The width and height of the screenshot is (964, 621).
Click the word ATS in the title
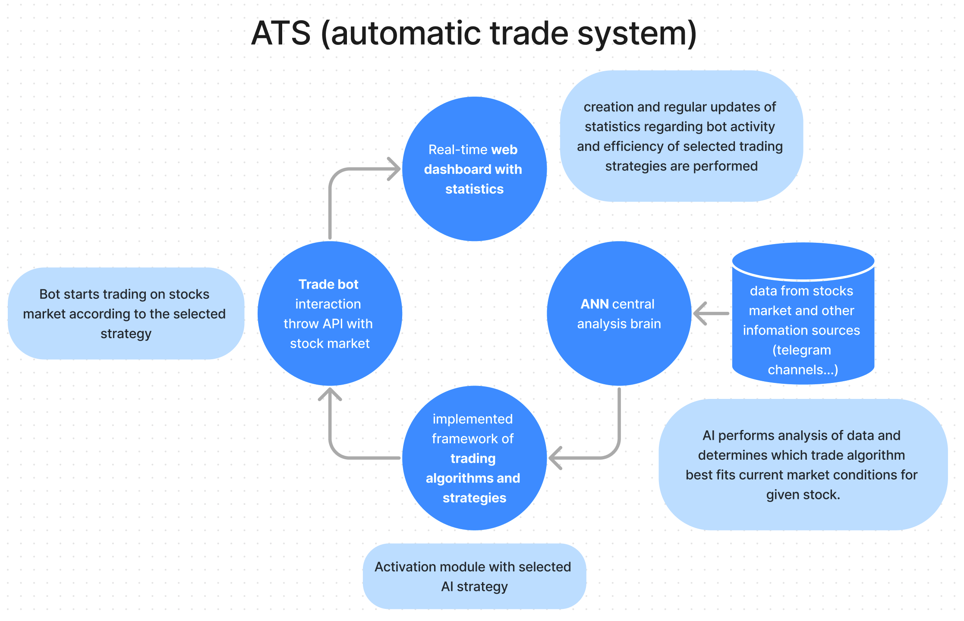(x=281, y=33)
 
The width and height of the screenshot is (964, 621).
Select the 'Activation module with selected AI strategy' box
(x=474, y=576)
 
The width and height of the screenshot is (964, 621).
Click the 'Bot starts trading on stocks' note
(x=126, y=314)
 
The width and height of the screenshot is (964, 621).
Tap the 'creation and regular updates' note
(x=681, y=136)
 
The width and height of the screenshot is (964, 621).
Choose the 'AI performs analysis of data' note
(x=803, y=465)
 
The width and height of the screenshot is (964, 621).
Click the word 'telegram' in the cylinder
(x=801, y=350)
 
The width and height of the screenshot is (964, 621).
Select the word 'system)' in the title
(x=637, y=33)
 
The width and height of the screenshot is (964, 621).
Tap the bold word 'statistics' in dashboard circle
(x=474, y=189)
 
